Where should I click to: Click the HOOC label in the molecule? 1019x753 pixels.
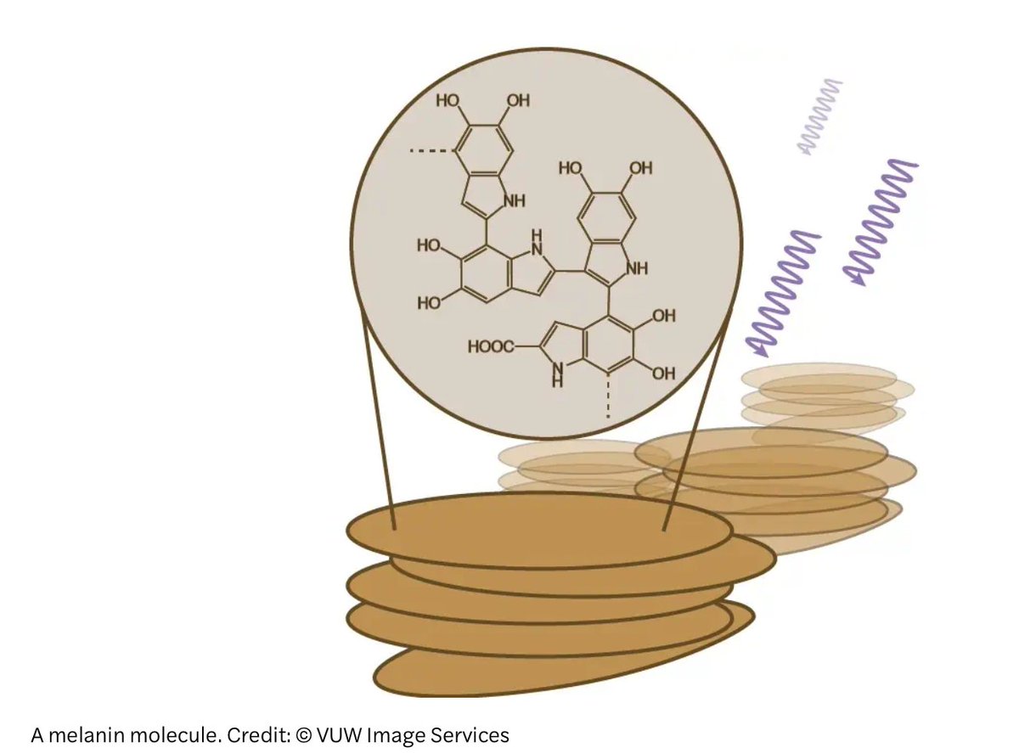[490, 346]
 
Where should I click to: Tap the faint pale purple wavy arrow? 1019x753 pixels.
[819, 117]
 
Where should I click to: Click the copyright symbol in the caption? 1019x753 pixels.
[304, 735]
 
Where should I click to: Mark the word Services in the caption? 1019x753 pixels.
[464, 734]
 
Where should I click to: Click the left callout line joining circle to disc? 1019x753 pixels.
[379, 424]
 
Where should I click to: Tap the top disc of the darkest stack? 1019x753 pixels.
[539, 529]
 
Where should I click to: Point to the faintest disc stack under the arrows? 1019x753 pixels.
[819, 395]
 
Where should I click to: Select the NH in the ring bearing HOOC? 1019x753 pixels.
[557, 374]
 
